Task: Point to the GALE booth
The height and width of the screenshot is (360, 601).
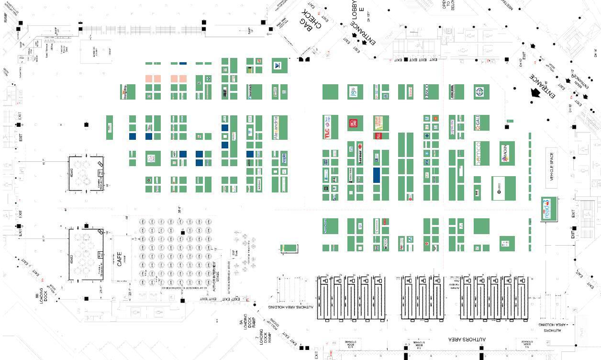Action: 481,123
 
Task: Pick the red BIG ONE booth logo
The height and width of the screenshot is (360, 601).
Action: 354,123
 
